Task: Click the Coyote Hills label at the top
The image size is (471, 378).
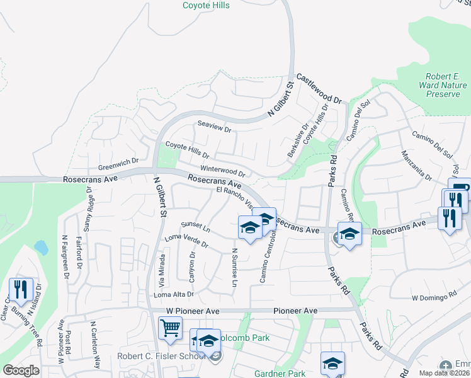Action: tap(206, 6)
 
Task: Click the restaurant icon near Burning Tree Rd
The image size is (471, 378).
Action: tap(21, 290)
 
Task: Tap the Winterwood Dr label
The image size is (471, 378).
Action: tap(222, 171)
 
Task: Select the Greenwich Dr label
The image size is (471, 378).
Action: tap(118, 164)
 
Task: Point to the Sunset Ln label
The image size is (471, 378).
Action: tap(195, 225)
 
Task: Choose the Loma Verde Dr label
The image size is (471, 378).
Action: tap(186, 241)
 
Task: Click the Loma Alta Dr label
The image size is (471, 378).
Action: tap(173, 294)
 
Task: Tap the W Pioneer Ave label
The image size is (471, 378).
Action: tap(188, 311)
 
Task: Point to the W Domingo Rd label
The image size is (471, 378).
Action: tap(434, 296)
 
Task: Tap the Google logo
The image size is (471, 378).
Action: tap(21, 370)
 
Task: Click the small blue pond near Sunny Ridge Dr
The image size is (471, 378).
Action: tap(42, 247)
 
